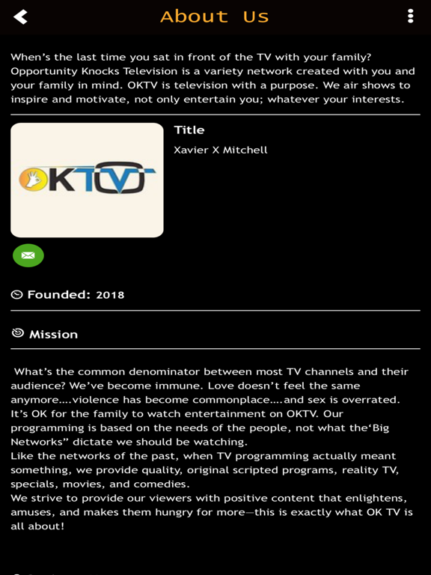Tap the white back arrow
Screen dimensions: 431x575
[20, 16]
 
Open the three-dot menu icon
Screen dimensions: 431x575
[410, 16]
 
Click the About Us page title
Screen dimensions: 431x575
[214, 16]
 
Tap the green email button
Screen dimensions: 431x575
[28, 255]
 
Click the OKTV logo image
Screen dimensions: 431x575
[87, 180]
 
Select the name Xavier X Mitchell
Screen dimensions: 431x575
[220, 150]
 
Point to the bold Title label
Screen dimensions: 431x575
[189, 130]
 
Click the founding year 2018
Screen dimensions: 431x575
[110, 295]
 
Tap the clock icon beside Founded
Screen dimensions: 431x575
[16, 295]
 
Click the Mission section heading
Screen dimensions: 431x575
[53, 335]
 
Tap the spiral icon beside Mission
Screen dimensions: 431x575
[17, 333]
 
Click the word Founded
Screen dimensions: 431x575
[58, 295]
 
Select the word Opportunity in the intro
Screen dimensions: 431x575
[46, 71]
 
